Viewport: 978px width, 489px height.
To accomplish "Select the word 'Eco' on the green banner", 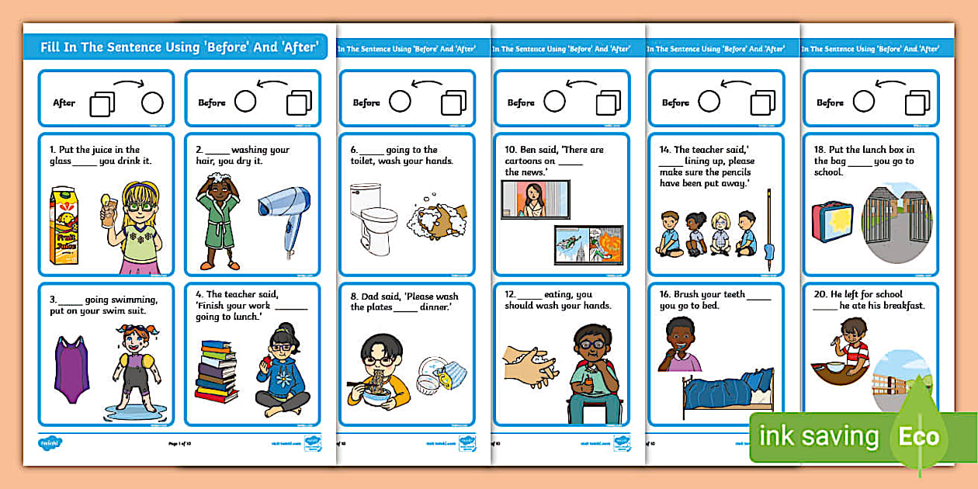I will click(919, 437).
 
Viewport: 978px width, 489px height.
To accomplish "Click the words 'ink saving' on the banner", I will click(819, 437).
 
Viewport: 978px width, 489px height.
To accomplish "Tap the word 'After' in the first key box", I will click(64, 102).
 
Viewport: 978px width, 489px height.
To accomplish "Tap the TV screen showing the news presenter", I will click(535, 199).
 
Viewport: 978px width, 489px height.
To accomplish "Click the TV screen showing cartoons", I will click(588, 247).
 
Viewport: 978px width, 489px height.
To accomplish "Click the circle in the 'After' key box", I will click(152, 102).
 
